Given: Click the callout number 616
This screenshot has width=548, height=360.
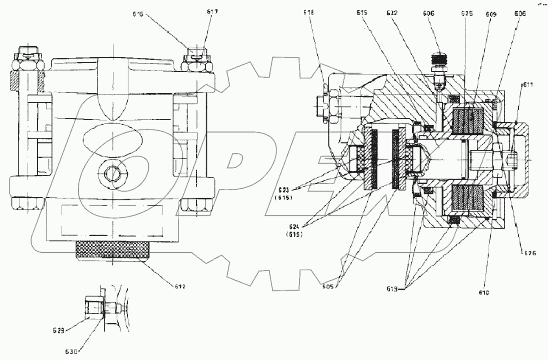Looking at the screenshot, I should pos(138,14).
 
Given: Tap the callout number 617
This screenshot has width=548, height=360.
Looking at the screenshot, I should pos(212,12).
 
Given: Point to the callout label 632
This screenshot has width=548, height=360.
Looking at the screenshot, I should pos(392,13).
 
